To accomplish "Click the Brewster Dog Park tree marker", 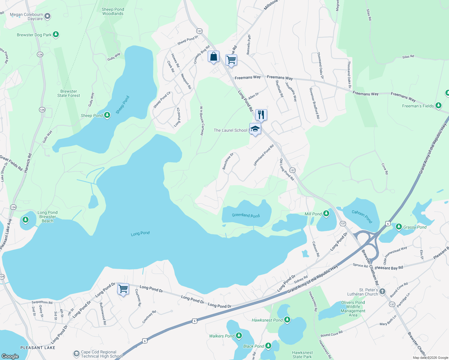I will click(56, 34).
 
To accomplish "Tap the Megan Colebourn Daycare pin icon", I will click(47, 16).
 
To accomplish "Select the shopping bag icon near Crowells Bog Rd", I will click(213, 57).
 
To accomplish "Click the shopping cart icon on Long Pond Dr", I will click(123, 289).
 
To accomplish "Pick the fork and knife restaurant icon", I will click(261, 115).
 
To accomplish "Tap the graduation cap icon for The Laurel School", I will click(255, 129).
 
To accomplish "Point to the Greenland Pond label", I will click(246, 215).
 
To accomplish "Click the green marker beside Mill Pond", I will click(326, 214).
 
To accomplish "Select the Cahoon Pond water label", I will click(362, 216).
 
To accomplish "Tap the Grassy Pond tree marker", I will click(399, 227).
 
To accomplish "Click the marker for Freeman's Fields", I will click(438, 106).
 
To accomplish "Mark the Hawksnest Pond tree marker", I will click(287, 320).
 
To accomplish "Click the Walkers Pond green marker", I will click(239, 336).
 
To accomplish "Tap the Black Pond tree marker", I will click(268, 346).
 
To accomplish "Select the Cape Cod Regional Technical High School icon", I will click(77, 354).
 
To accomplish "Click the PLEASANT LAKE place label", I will click(38, 348).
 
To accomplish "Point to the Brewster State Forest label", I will click(69, 94).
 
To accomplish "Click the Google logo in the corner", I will click(10, 356).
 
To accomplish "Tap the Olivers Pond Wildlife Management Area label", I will click(353, 309).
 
